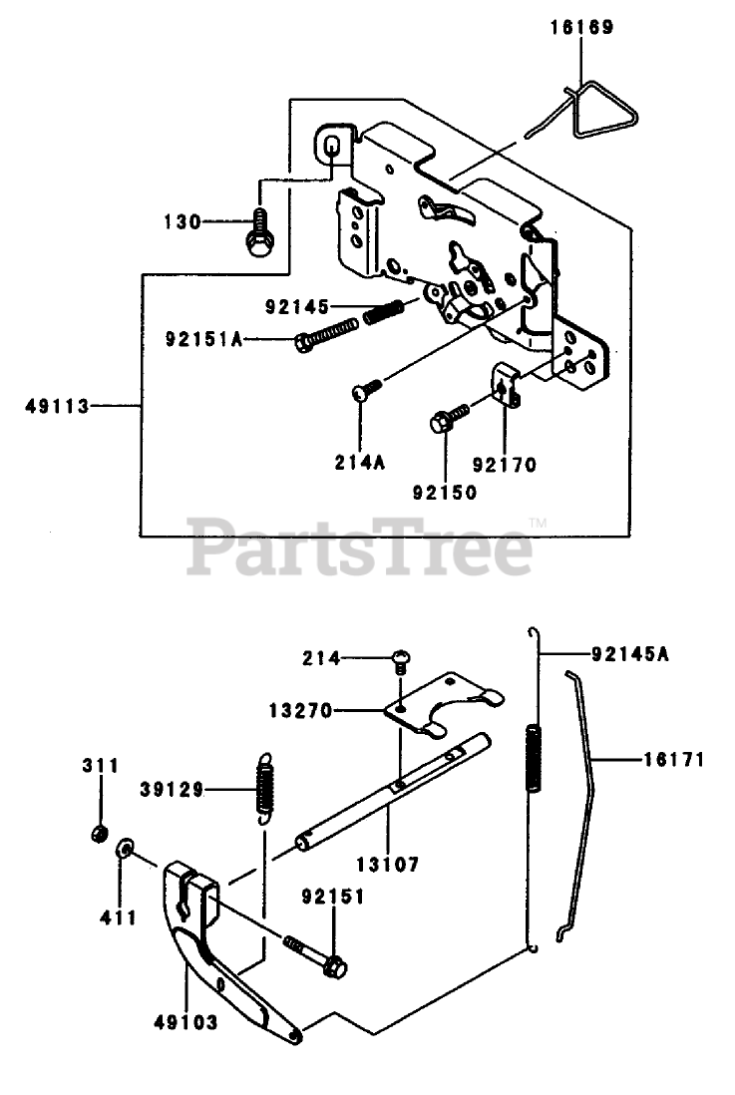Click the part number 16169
[579, 27]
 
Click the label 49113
[59, 406]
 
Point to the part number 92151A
[205, 341]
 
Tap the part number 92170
[505, 464]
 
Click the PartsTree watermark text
[360, 549]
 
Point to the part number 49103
[186, 1022]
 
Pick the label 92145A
[629, 655]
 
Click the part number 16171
[673, 760]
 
